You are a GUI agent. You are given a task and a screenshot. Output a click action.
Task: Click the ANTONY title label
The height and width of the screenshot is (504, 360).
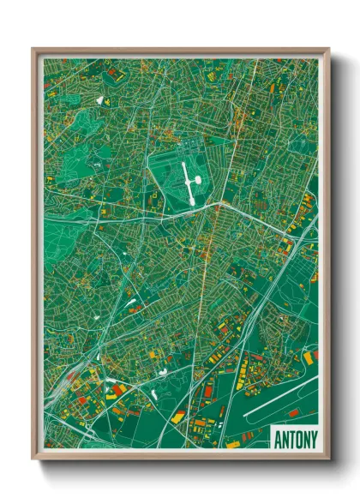pyautogui.click(x=294, y=439)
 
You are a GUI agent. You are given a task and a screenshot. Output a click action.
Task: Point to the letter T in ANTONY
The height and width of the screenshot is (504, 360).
pyautogui.click(x=291, y=439)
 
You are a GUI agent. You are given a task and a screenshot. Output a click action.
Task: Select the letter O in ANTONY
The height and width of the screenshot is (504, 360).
pyautogui.click(x=297, y=439)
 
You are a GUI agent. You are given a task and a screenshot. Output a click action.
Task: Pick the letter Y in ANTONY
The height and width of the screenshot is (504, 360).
pyautogui.click(x=312, y=439)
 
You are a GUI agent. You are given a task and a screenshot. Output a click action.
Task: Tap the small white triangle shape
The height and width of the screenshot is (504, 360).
pyautogui.click(x=99, y=100)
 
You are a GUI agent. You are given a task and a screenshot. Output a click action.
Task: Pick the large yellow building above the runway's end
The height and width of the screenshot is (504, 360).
pyautogui.click(x=306, y=355)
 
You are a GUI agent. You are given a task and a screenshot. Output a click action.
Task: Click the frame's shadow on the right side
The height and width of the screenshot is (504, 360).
pyautogui.click(x=335, y=257)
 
